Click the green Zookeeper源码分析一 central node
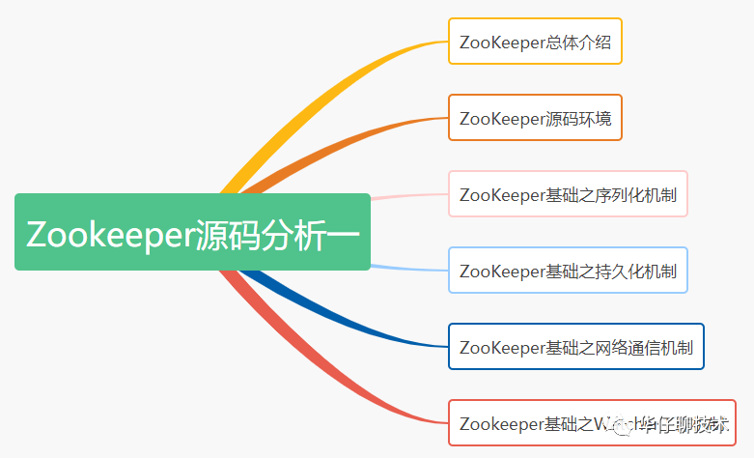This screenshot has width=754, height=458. pyautogui.click(x=192, y=232)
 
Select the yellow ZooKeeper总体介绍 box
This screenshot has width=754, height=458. pyautogui.click(x=535, y=42)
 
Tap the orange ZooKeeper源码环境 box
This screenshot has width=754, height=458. pyautogui.click(x=535, y=118)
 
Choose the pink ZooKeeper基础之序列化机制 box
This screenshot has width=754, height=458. pyautogui.click(x=568, y=194)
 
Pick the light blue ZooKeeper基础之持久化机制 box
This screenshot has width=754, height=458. pyautogui.click(x=568, y=271)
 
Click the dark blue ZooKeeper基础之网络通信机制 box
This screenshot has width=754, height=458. pyautogui.click(x=576, y=347)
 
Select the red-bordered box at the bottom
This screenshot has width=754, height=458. pyautogui.click(x=592, y=423)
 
